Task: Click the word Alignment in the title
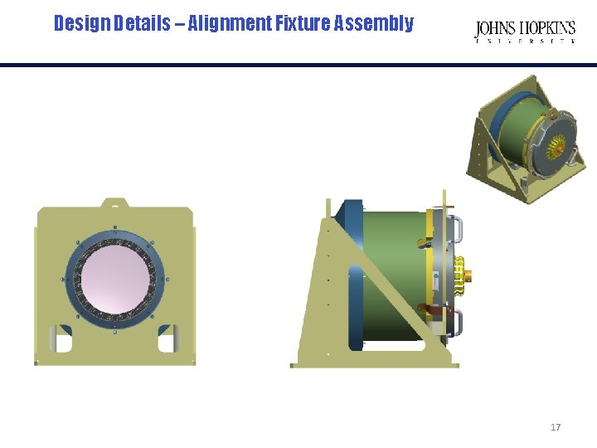(x=230, y=23)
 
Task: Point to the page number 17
(x=556, y=427)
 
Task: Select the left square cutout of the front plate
(x=62, y=339)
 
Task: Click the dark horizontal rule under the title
(x=298, y=65)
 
